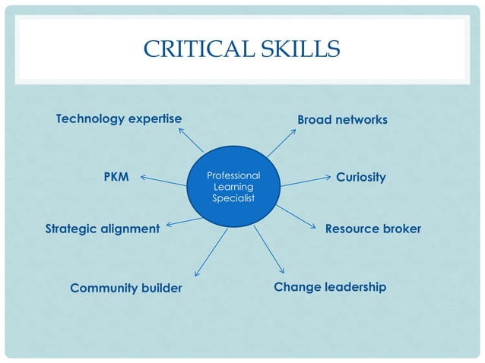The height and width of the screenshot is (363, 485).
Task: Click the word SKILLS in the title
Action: pyautogui.click(x=297, y=50)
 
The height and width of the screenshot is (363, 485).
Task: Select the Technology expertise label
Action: pyautogui.click(x=119, y=119)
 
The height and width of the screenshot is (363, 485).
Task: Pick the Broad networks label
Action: pyautogui.click(x=342, y=120)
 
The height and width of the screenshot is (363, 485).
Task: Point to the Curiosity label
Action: pyautogui.click(x=361, y=177)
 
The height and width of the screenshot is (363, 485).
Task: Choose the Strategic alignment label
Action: pyautogui.click(x=103, y=229)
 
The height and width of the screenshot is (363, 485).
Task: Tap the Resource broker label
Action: pyautogui.click(x=372, y=229)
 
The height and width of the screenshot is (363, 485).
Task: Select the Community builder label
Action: pyautogui.click(x=126, y=288)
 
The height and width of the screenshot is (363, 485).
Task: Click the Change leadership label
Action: pyautogui.click(x=330, y=287)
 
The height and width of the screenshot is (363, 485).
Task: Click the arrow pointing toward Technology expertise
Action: pyautogui.click(x=191, y=139)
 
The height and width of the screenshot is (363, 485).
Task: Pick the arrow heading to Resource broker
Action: pyautogui.click(x=297, y=217)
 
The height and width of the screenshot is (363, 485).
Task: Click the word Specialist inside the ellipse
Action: pyautogui.click(x=233, y=198)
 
